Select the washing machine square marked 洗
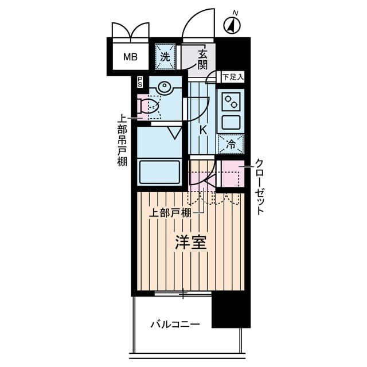[x=165, y=56]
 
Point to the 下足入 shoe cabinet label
[x=233, y=76]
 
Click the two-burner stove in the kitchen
[x=231, y=101]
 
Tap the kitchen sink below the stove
[x=231, y=122]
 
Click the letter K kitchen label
[x=202, y=130]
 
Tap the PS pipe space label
[x=139, y=82]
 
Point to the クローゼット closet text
[x=260, y=186]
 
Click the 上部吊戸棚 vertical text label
[x=122, y=141]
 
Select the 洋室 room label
[x=190, y=243]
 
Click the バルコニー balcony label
[x=175, y=325]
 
